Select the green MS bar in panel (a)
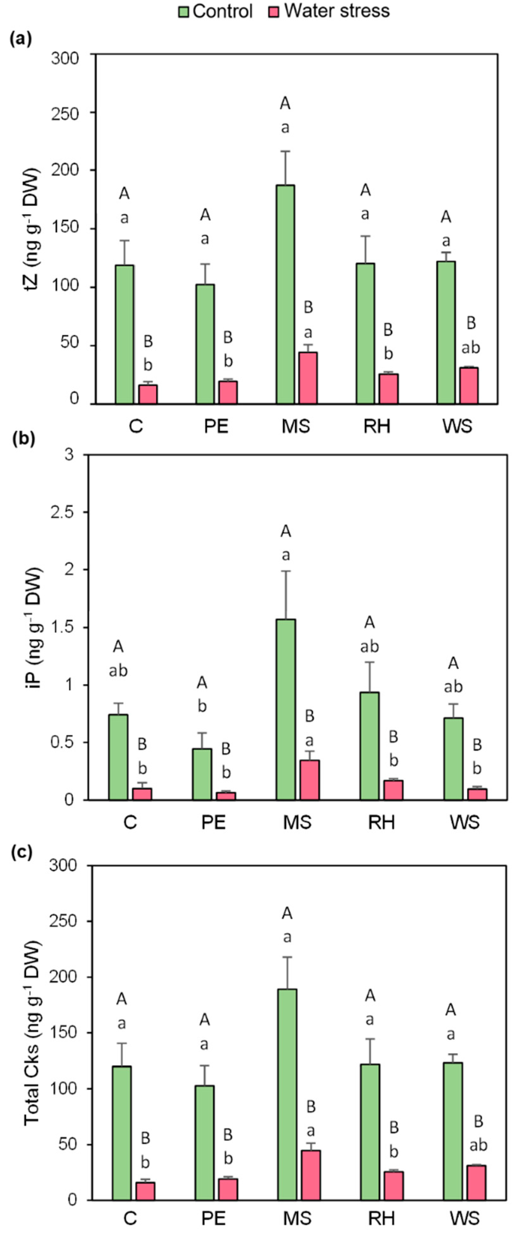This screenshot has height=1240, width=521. click(x=285, y=294)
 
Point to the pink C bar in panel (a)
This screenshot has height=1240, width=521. click(x=148, y=394)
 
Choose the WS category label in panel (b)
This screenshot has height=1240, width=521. click(x=465, y=822)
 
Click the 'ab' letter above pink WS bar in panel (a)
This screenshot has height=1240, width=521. click(x=471, y=348)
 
